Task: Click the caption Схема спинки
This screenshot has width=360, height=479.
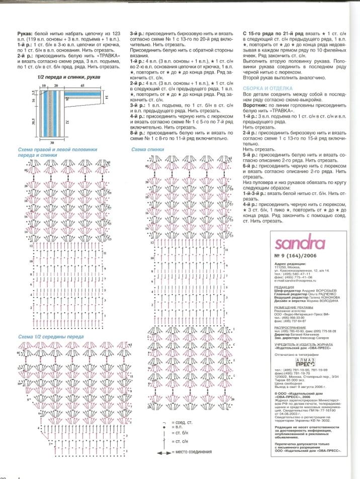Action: [147, 150]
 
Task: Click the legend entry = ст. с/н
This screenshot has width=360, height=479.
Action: [179, 442]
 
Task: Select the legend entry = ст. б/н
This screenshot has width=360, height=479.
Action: [179, 432]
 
